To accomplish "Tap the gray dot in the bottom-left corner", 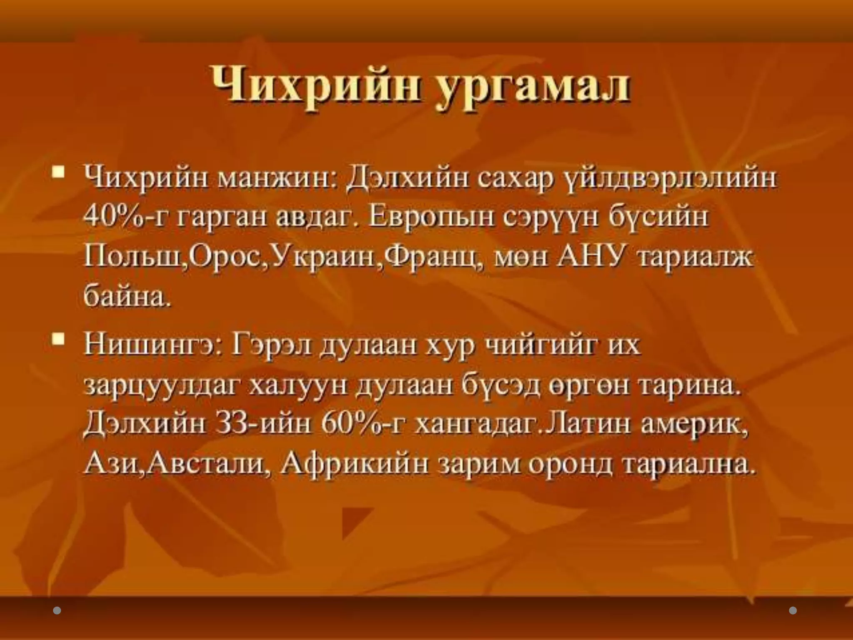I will pyautogui.click(x=57, y=610).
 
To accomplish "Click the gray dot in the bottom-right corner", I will pyautogui.click(x=793, y=610).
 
